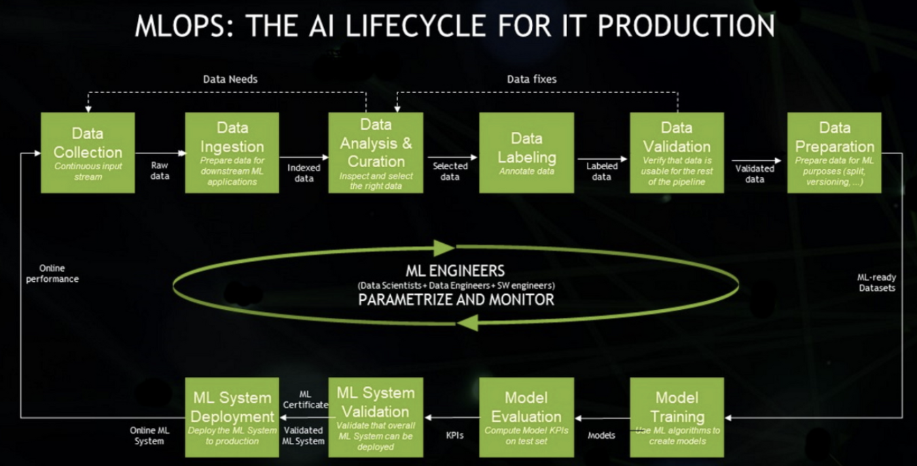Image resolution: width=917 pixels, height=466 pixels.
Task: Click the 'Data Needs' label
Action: [230, 79]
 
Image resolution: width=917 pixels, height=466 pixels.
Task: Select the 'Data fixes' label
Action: [531, 79]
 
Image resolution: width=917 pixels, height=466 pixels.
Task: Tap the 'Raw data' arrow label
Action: [160, 171]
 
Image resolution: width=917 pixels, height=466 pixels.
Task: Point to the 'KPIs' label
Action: [454, 435]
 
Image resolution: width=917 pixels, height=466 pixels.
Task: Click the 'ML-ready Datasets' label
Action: [876, 282]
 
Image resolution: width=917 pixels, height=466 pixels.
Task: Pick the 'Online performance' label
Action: [52, 274]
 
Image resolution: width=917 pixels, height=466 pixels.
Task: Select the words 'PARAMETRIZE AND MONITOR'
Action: [456, 299]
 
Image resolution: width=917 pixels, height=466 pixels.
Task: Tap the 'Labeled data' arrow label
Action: [602, 171]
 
